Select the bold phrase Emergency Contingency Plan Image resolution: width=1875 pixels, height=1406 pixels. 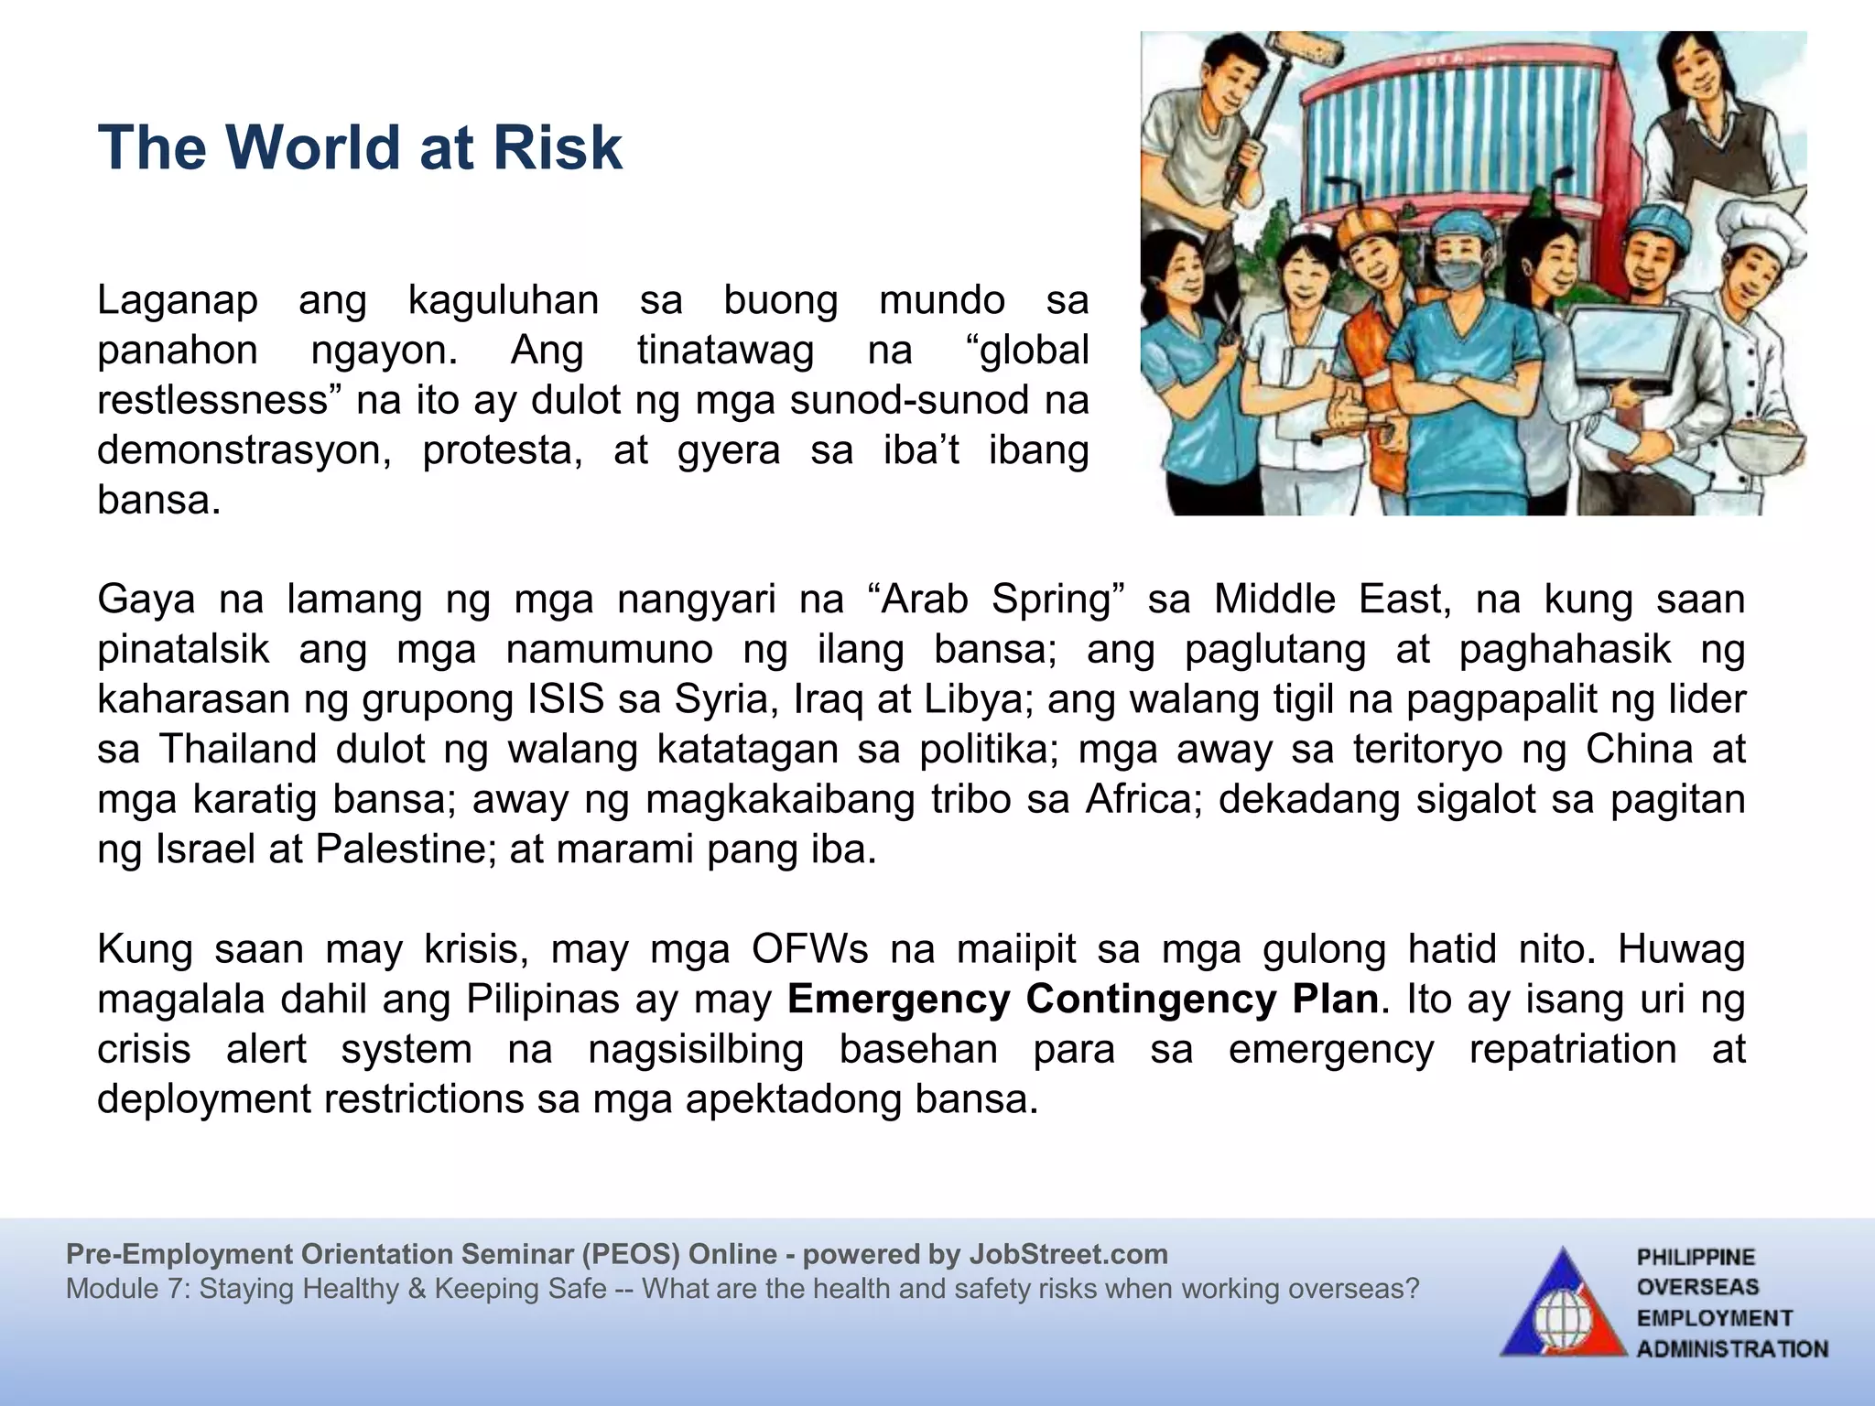(x=1082, y=999)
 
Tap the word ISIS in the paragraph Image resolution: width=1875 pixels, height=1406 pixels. (x=566, y=699)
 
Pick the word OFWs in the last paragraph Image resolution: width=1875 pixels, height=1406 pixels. (x=809, y=949)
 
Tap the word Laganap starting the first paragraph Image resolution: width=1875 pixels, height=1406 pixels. (x=178, y=300)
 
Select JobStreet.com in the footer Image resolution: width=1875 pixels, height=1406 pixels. (x=1068, y=1254)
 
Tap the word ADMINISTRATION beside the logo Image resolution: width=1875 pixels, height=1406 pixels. (x=1731, y=1349)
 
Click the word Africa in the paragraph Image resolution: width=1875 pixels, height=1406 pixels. (x=1139, y=799)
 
